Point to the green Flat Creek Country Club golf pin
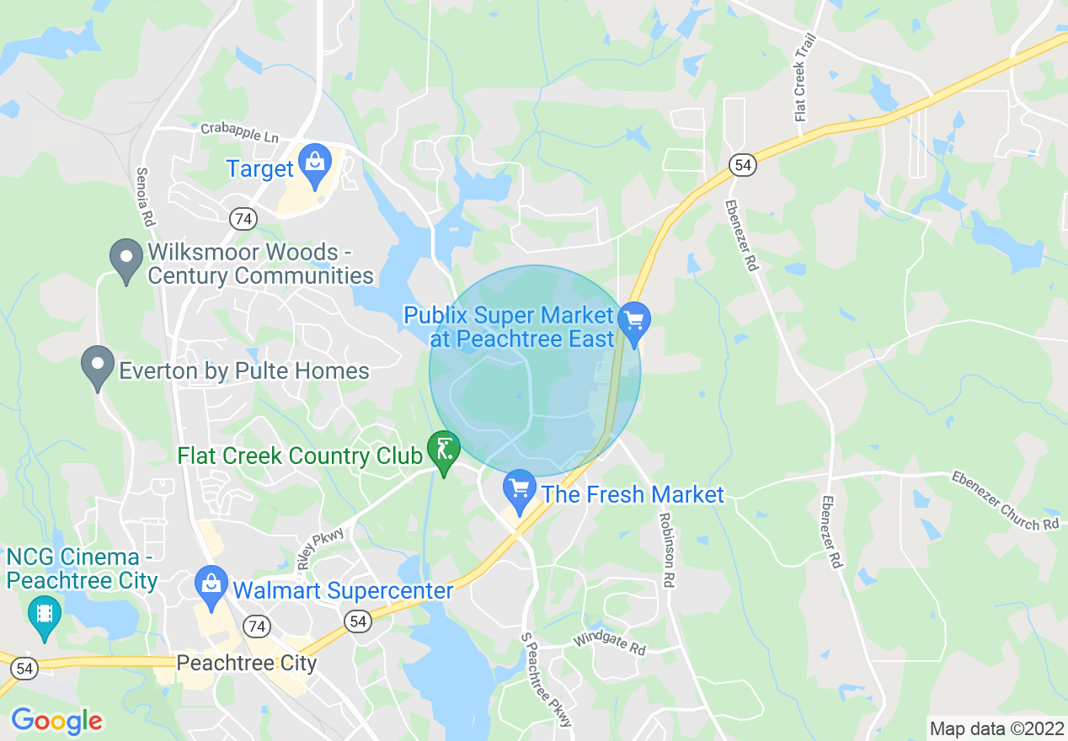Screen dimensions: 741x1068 coord(443,451)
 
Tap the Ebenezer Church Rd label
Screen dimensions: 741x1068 coord(1005,500)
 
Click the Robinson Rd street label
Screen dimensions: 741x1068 coord(666,550)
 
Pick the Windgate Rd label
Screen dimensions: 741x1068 coord(609,645)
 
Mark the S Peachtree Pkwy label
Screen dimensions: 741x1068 coord(547,680)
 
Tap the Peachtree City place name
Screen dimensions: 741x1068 coord(247,663)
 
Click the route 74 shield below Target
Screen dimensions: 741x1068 coord(243,219)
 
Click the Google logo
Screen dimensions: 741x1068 coord(56,721)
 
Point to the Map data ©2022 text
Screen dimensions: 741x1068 coord(995,728)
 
